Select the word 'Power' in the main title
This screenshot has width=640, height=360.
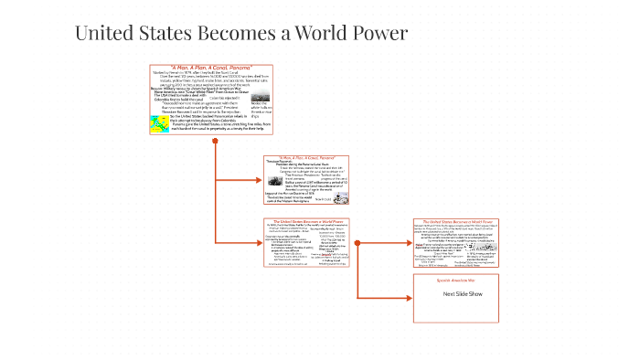point(376,35)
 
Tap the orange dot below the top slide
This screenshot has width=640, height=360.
point(215,141)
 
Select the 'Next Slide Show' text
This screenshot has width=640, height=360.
point(454,294)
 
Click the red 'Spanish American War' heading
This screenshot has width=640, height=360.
point(454,281)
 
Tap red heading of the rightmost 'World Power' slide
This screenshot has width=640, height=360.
point(454,222)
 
